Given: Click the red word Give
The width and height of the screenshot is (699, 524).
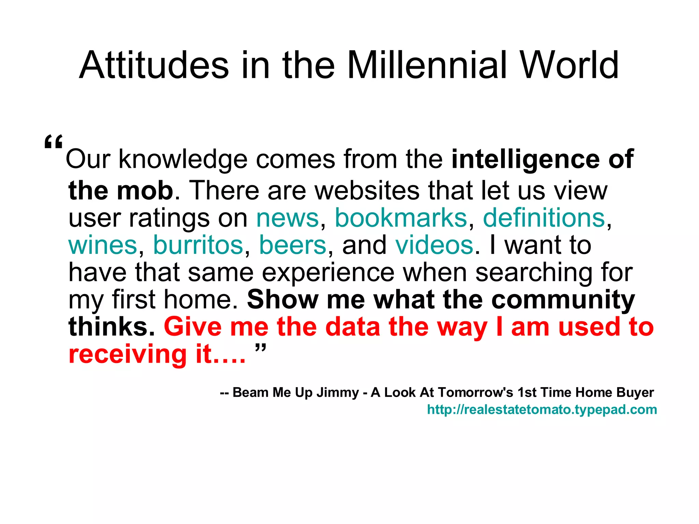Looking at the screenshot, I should pyautogui.click(x=193, y=327).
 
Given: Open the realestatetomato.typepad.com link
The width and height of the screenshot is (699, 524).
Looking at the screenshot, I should pyautogui.click(x=542, y=409).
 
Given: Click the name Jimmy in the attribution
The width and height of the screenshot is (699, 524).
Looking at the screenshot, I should pyautogui.click(x=338, y=393).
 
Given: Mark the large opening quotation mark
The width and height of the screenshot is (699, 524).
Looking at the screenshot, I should pyautogui.click(x=54, y=143).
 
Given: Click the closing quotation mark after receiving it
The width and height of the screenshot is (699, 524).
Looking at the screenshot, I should pyautogui.click(x=260, y=349).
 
